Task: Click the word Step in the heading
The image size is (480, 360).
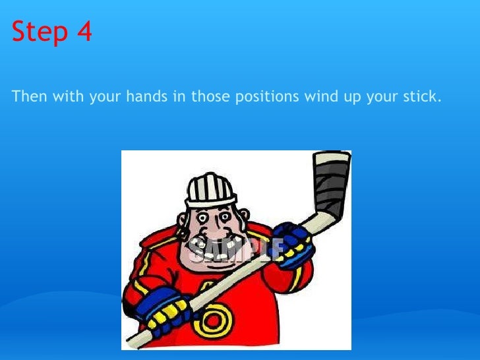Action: point(40,32)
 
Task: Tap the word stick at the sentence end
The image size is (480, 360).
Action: point(422,97)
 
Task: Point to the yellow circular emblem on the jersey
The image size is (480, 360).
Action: point(215,322)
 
